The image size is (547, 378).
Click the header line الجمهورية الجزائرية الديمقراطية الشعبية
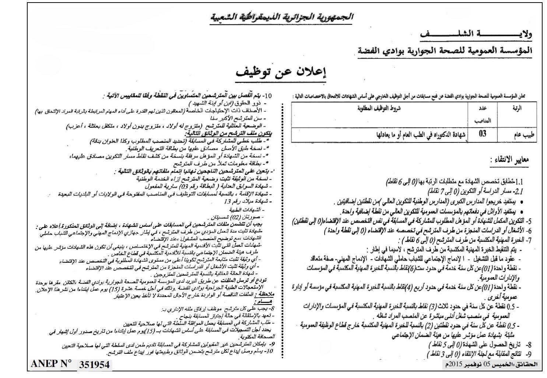282,17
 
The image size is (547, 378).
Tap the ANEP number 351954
94,365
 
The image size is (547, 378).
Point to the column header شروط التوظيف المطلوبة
379,108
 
